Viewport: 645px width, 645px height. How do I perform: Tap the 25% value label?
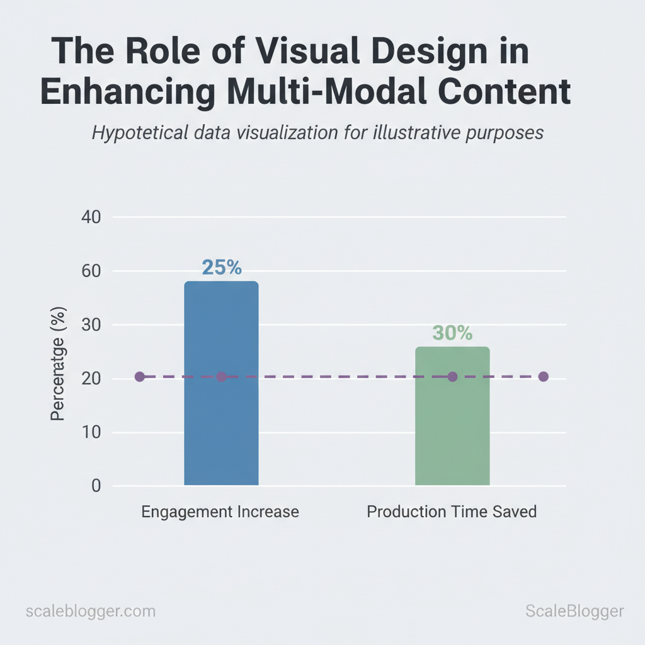(x=221, y=268)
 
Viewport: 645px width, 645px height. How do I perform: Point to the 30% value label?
(x=452, y=333)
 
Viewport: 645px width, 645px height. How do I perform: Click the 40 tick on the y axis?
(x=91, y=217)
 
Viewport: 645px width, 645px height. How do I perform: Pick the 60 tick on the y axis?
(x=91, y=271)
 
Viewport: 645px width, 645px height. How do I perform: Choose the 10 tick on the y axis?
(x=91, y=433)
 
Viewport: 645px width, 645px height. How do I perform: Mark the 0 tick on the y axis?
(x=95, y=486)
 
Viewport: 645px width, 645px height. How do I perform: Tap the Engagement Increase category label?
(x=220, y=511)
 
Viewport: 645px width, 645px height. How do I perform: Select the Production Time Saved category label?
(x=452, y=511)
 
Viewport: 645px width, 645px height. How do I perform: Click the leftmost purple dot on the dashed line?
(x=140, y=377)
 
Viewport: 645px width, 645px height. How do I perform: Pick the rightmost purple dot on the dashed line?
(x=544, y=377)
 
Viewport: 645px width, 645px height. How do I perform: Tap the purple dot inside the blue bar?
(x=221, y=377)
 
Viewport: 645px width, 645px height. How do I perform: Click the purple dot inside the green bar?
(x=452, y=377)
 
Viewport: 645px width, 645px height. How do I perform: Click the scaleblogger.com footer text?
(x=91, y=611)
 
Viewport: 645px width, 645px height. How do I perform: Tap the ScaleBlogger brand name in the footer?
(x=574, y=611)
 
